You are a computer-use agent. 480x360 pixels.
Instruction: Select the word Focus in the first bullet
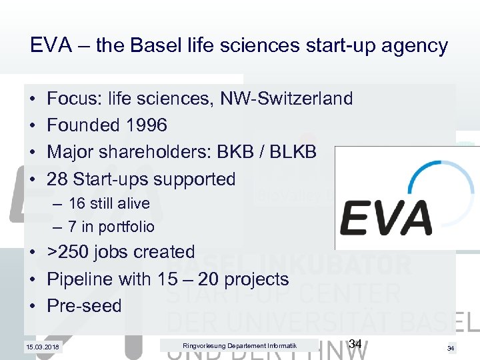coord(73,99)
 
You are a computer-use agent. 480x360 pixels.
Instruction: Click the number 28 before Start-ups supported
coord(57,179)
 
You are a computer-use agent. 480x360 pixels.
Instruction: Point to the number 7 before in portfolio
coord(72,227)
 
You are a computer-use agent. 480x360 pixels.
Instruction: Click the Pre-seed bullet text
coord(85,306)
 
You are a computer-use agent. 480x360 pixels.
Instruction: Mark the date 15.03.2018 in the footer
coord(42,346)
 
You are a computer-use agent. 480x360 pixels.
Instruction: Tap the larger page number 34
coord(355,343)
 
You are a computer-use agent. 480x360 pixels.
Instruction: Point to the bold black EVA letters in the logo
coord(387,217)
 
